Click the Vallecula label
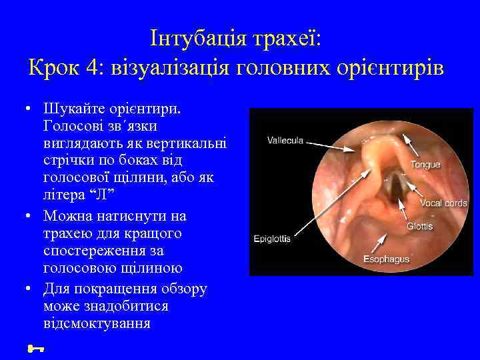coord(285,140)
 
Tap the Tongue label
coord(425,164)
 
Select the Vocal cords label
coord(443,203)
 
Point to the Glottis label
coord(419,226)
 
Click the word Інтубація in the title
coord(198,38)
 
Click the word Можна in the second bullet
coord(65,217)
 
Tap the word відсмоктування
coord(97,324)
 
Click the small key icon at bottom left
coord(33,347)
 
